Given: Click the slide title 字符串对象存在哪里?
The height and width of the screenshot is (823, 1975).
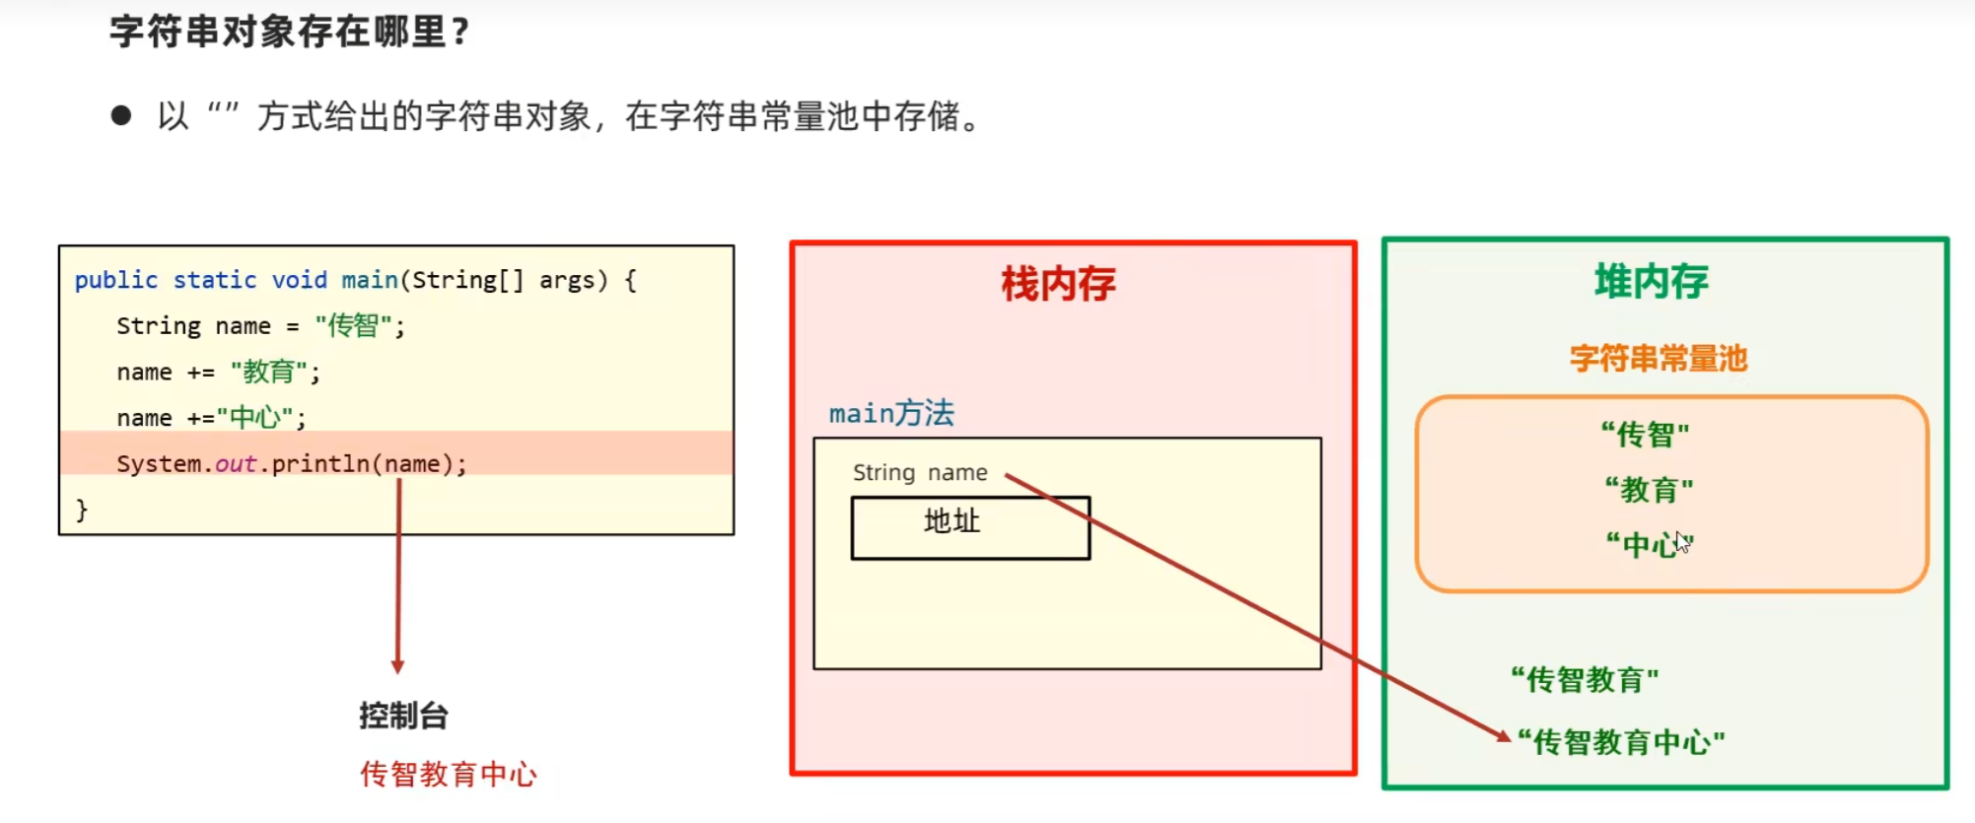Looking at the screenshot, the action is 289,33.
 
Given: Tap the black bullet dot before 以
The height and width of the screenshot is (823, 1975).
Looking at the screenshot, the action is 121,116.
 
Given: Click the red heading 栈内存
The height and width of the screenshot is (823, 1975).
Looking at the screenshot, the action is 1058,284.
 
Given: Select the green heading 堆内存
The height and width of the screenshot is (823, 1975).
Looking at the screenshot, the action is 1652,282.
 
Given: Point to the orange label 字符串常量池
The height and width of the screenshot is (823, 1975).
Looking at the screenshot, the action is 1658,358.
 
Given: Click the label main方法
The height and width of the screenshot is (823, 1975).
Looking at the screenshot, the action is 891,413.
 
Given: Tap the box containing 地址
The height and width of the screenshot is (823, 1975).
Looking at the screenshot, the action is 970,527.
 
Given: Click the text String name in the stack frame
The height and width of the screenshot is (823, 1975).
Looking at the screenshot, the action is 920,473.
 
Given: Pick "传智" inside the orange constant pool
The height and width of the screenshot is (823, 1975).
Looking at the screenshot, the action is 1645,434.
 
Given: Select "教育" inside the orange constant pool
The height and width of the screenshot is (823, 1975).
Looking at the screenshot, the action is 1649,489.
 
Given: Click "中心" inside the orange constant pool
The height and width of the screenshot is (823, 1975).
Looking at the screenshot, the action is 1649,544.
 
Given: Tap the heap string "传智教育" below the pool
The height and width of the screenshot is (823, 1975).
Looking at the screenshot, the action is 1585,679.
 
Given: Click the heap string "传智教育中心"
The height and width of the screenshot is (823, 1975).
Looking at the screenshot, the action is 1621,741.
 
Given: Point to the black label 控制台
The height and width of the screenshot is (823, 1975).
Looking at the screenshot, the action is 403,716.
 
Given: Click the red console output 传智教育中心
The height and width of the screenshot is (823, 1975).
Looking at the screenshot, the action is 449,774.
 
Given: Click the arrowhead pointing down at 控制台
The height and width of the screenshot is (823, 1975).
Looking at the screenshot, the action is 397,666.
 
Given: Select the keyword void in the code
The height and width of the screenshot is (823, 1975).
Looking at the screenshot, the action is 299,280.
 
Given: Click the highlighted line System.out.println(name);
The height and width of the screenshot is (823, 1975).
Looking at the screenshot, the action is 291,463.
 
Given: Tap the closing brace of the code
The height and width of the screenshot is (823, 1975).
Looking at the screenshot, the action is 82,510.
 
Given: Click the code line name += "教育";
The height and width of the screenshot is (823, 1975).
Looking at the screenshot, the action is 218,373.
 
